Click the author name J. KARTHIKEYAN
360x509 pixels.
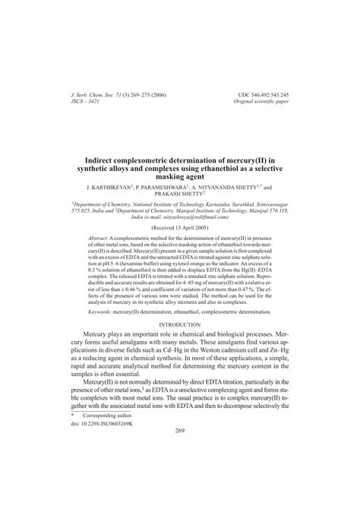pos(110,185)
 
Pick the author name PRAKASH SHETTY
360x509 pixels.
pos(179,194)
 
